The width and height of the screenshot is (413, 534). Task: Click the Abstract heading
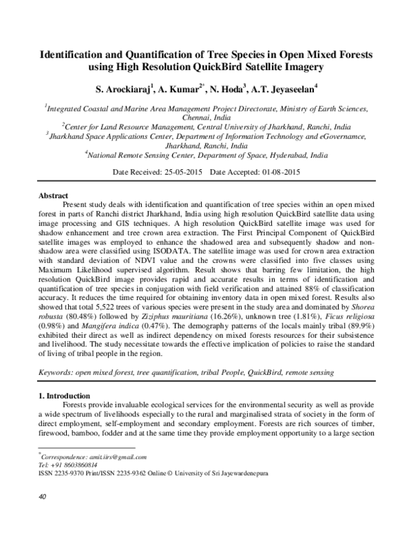pos(53,195)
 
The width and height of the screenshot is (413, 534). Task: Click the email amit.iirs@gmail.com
pos(108,457)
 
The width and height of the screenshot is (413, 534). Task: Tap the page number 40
pos(41,495)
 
